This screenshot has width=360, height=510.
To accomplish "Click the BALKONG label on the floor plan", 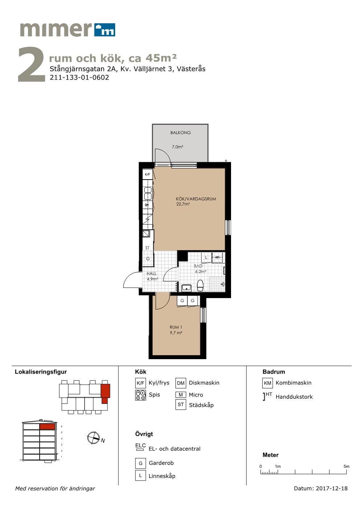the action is [180, 133].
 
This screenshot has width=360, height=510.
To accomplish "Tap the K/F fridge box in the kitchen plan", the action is [147, 174].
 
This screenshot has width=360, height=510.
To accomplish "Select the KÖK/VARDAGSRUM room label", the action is [196, 199].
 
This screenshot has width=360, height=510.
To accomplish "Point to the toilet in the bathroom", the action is [200, 285].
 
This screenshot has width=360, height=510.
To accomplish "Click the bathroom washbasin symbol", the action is [186, 288].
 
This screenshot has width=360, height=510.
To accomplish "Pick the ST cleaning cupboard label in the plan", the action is [147, 248].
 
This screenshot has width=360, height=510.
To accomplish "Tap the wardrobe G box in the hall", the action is [148, 259].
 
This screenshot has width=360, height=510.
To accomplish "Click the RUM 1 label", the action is [176, 327].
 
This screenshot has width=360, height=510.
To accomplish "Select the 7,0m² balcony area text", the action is [178, 147].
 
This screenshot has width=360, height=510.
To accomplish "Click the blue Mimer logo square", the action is [105, 29].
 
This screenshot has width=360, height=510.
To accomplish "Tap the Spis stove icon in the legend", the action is [141, 395].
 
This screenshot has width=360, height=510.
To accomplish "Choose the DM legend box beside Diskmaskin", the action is [181, 383].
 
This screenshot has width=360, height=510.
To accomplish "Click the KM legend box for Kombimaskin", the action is [267, 383].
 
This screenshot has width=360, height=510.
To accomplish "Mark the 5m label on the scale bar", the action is [346, 466].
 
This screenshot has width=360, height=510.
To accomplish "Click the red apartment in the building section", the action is [48, 426].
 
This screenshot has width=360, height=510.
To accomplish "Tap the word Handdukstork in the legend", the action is [294, 397].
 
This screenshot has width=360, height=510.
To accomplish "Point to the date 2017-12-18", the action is [332, 488].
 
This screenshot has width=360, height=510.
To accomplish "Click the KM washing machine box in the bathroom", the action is [218, 257].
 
